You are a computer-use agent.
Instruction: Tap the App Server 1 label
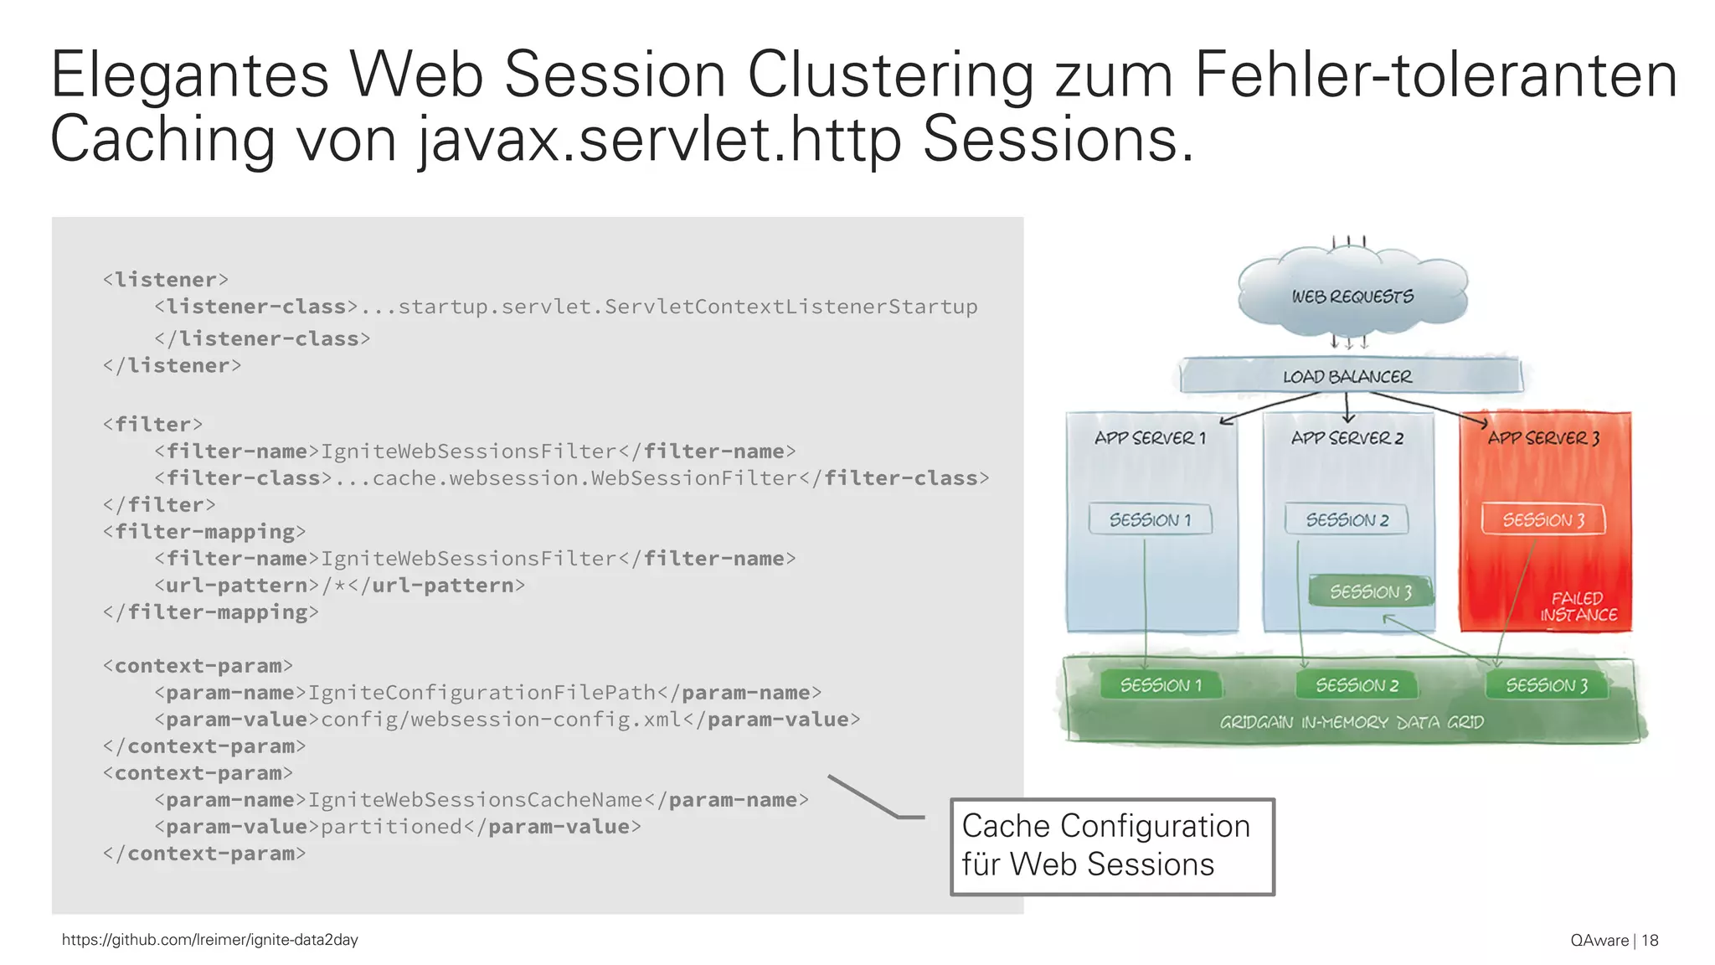pyautogui.click(x=1150, y=437)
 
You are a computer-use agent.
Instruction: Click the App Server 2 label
pyautogui.click(x=1347, y=437)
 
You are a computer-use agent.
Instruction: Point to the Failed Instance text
pyautogui.click(x=1578, y=606)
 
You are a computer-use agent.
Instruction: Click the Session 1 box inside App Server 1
pyautogui.click(x=1150, y=519)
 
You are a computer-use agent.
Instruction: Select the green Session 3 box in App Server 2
pyautogui.click(x=1371, y=591)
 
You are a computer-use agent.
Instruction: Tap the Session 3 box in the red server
pyautogui.click(x=1543, y=519)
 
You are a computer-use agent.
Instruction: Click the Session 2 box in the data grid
pyautogui.click(x=1357, y=685)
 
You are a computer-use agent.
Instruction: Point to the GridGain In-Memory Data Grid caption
pyautogui.click(x=1351, y=722)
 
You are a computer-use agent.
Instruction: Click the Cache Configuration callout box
pyautogui.click(x=1112, y=846)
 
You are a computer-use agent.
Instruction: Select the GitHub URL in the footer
pyautogui.click(x=209, y=940)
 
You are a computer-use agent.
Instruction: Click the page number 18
pyautogui.click(x=1650, y=940)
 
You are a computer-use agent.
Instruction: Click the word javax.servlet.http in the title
pyautogui.click(x=659, y=140)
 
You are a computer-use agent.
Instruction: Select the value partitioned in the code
pyautogui.click(x=391, y=827)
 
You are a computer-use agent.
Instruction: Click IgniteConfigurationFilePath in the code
pyautogui.click(x=482, y=693)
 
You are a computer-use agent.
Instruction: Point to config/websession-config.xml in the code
pyautogui.click(x=502, y=720)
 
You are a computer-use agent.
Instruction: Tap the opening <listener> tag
pyautogui.click(x=166, y=280)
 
